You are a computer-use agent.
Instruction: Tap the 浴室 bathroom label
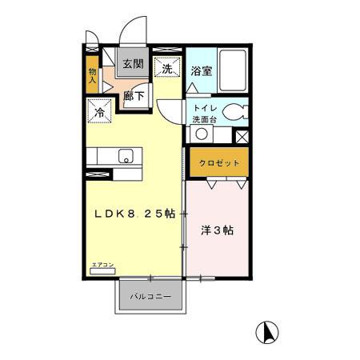[x=202, y=71]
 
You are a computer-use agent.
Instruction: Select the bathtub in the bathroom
[x=233, y=71]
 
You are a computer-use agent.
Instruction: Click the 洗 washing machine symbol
[x=167, y=69]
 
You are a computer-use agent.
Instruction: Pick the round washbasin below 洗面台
[x=202, y=134]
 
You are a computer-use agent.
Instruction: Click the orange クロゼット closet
[x=218, y=162]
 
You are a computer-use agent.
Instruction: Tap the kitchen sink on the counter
[x=126, y=156]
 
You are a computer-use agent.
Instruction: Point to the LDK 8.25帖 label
[x=136, y=214]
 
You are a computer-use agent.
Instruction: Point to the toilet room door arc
[x=170, y=108]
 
